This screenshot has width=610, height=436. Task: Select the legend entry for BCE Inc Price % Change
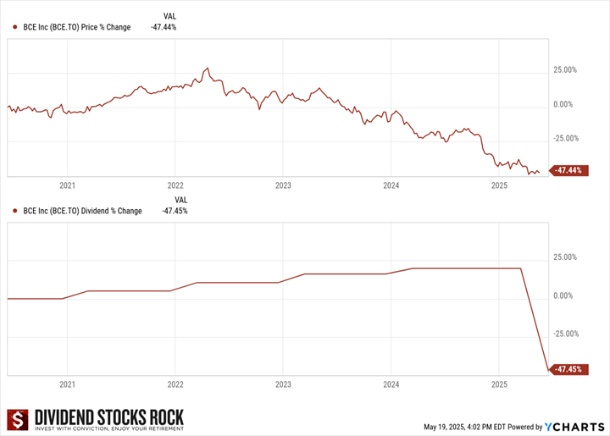tap(77, 27)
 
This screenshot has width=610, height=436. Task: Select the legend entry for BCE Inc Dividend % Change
tap(83, 211)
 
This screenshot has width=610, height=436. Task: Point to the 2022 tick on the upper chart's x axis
tap(175, 184)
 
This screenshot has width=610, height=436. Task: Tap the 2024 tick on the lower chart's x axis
tap(391, 384)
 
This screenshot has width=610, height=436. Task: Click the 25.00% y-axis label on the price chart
tap(564, 71)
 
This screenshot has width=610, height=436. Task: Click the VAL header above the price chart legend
tap(170, 15)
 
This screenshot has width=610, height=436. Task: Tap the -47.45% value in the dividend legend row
tap(175, 211)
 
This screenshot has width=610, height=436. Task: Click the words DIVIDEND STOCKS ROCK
tap(107, 416)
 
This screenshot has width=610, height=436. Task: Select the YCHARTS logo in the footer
tap(574, 426)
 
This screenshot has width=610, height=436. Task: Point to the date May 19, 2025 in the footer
tap(444, 427)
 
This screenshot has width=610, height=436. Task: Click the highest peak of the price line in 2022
tap(207, 68)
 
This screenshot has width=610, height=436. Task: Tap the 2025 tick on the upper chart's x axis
tap(498, 184)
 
